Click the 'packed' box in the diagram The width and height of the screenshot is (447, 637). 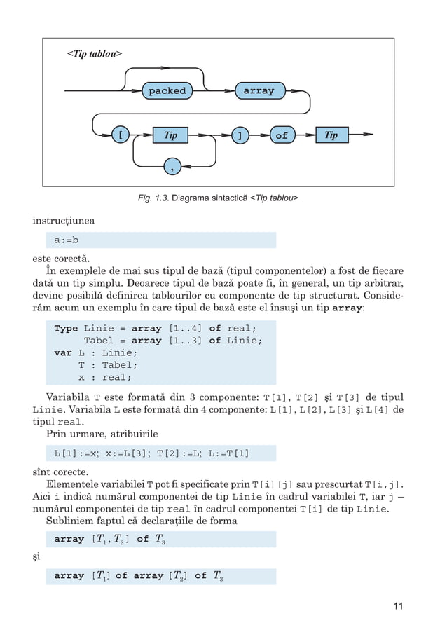pos(167,91)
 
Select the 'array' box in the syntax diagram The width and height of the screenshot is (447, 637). pos(259,91)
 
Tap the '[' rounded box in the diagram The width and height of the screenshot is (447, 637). pos(121,135)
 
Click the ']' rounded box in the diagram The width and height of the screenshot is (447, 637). pos(240,135)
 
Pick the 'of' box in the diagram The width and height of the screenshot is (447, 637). pos(281,135)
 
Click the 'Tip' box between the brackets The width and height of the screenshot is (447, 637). pos(171,135)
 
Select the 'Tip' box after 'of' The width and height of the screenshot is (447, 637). pos(331,135)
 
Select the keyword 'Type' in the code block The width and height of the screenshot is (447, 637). pos(66,328)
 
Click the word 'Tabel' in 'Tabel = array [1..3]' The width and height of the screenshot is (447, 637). pos(99,341)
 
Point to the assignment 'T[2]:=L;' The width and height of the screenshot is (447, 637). pos(181,453)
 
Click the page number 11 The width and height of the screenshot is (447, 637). pos(397,607)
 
